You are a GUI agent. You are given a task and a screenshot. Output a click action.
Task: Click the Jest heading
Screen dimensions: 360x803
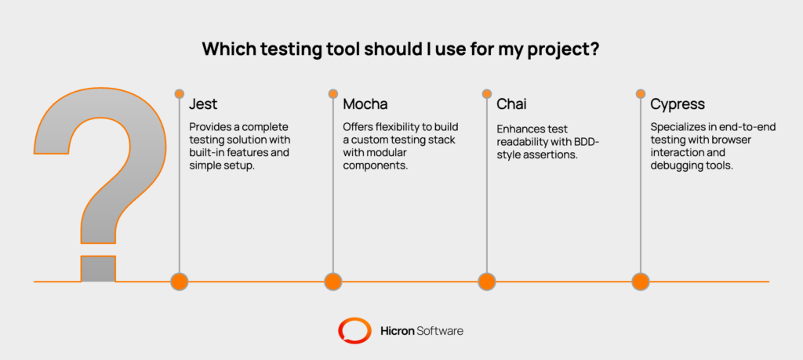coord(202,104)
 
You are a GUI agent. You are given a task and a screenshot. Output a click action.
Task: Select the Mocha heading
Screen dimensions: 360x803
coord(365,104)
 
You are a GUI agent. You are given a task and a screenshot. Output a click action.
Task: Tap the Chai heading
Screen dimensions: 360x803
coord(511,104)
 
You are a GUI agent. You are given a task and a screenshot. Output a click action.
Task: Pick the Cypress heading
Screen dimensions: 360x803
coord(677,104)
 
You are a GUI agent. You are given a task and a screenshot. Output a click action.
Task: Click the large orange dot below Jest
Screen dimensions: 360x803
coord(180,281)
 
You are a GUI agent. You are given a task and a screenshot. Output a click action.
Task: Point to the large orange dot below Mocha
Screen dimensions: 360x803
coord(333,281)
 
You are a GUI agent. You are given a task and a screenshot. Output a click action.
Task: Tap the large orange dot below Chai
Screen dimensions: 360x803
coord(487,281)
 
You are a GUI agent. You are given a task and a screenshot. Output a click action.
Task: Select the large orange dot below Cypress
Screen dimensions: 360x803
coord(641,281)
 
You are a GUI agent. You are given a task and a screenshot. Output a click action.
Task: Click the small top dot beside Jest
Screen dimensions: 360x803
coord(180,93)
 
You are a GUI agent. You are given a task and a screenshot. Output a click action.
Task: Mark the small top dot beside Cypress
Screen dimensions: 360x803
coord(641,93)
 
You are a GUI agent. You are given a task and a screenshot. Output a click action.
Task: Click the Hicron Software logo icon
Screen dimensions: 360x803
coord(354,330)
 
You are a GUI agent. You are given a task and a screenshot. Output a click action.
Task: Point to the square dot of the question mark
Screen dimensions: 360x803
coord(98,268)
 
